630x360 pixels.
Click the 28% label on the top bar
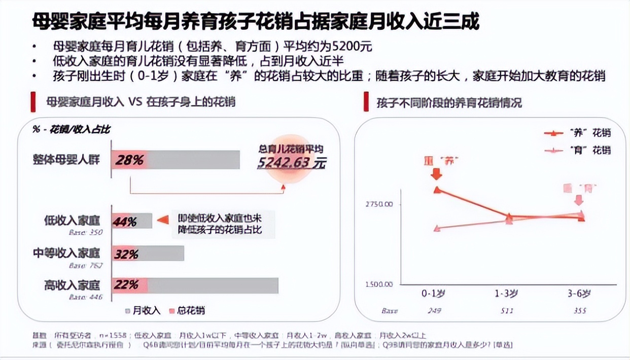(129, 160)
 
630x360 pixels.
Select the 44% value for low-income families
(125, 222)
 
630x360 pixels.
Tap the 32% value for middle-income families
(126, 254)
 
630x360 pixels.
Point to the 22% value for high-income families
(126, 285)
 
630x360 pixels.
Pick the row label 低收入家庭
(72, 221)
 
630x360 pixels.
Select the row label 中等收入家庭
(66, 253)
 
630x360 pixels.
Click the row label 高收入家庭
(72, 284)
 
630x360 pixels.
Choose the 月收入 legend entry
(143, 310)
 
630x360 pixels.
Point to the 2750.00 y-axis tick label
(378, 204)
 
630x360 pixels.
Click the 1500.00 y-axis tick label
(378, 284)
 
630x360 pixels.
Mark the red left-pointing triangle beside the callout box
(162, 220)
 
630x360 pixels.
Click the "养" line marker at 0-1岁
(437, 190)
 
